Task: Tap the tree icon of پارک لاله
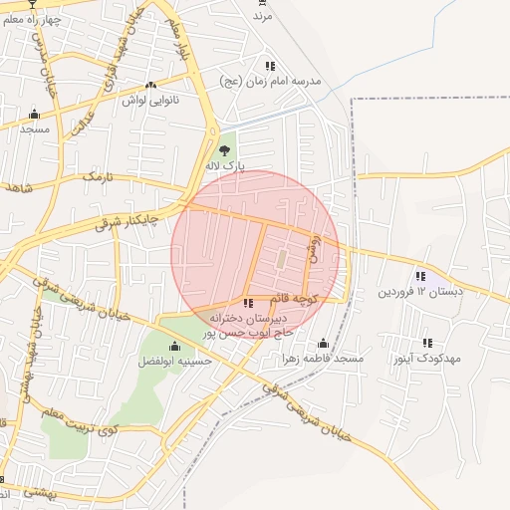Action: tap(223, 150)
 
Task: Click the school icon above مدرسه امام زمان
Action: tap(271, 66)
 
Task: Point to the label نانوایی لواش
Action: tap(149, 100)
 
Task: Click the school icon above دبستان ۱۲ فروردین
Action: tap(420, 276)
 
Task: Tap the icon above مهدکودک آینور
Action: tap(427, 342)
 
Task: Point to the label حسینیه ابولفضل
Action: tap(174, 361)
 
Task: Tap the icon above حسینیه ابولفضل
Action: tap(174, 346)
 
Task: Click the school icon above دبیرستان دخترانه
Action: tap(247, 303)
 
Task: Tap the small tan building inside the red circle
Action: tap(282, 259)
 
